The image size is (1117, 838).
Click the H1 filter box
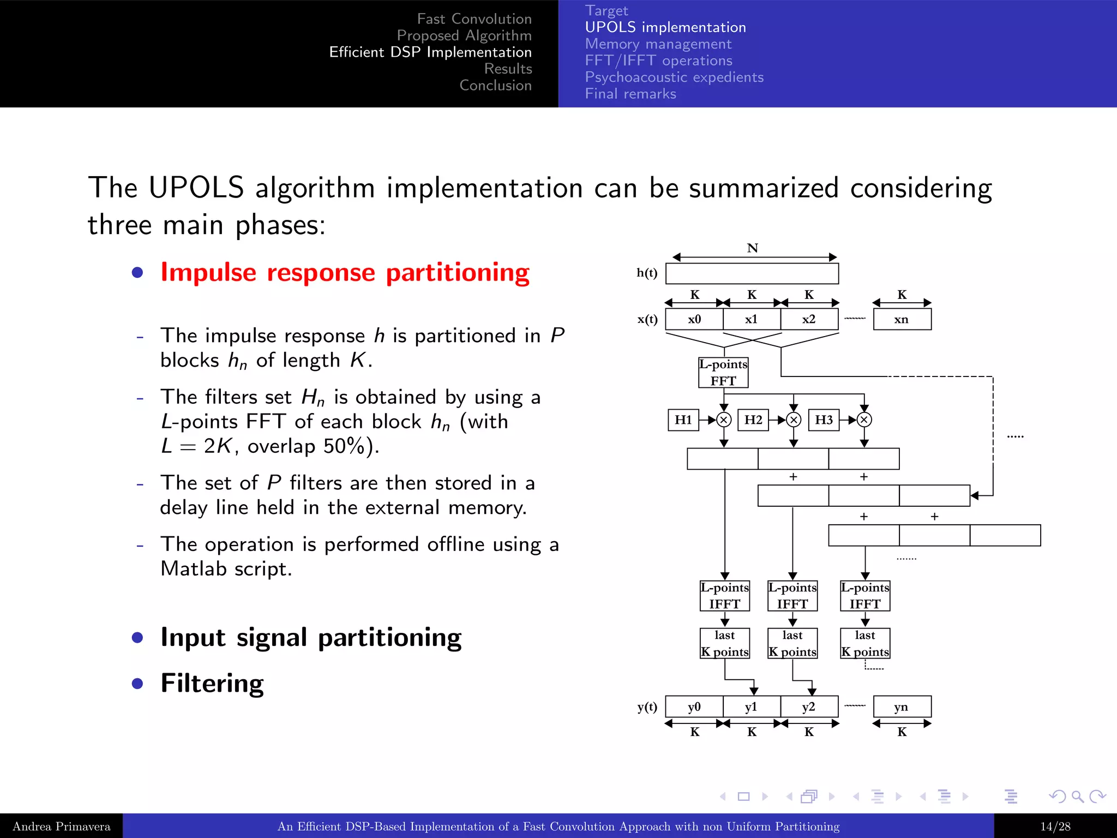point(683,420)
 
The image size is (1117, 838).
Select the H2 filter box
point(753,420)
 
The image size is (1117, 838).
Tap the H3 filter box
point(824,420)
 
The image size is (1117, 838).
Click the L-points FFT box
point(723,373)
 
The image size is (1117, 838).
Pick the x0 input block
point(694,319)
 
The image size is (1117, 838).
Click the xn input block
point(902,319)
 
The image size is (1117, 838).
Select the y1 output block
point(752,707)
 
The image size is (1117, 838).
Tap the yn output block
point(902,707)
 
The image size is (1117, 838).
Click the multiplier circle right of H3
point(864,420)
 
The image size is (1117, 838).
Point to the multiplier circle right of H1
point(724,420)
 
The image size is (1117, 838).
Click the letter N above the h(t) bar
point(753,248)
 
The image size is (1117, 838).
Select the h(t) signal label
point(647,273)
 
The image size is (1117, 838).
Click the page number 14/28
point(1055,827)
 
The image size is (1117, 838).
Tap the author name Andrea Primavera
point(61,827)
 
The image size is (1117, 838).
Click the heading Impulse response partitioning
point(345,272)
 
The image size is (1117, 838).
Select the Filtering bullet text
point(212,683)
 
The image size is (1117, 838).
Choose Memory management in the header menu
point(658,44)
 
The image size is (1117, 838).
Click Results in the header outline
point(508,69)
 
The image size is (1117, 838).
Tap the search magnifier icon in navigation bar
point(1077,797)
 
